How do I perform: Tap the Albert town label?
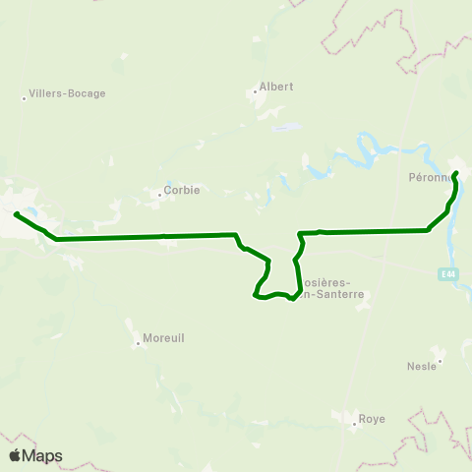276,86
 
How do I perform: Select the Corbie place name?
183,191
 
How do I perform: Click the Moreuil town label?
163,337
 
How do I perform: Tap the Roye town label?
372,418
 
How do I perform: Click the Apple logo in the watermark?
16,455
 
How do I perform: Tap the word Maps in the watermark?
42,455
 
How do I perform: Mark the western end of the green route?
16,213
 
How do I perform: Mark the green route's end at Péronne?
456,174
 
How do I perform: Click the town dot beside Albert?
255,92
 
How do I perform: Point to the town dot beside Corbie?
159,195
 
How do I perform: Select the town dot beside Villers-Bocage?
24,97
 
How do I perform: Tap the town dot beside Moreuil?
139,343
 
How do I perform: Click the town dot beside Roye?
355,424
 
